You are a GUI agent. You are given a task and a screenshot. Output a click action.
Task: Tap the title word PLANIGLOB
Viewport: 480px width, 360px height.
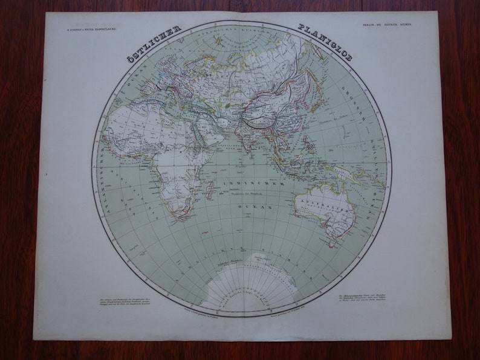325,43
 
